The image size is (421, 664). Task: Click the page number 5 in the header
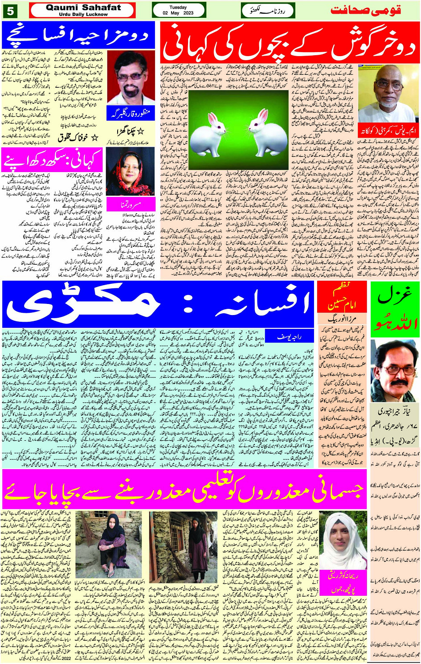tap(10, 10)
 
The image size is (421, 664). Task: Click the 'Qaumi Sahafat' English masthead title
tap(83, 8)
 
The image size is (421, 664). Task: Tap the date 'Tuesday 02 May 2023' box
tap(178, 10)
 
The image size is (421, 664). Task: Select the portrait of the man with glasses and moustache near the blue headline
tap(131, 78)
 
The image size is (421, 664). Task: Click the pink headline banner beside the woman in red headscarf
tap(53, 160)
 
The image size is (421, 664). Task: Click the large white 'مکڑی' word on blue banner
tap(85, 304)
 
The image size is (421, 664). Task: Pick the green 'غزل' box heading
tap(395, 307)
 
